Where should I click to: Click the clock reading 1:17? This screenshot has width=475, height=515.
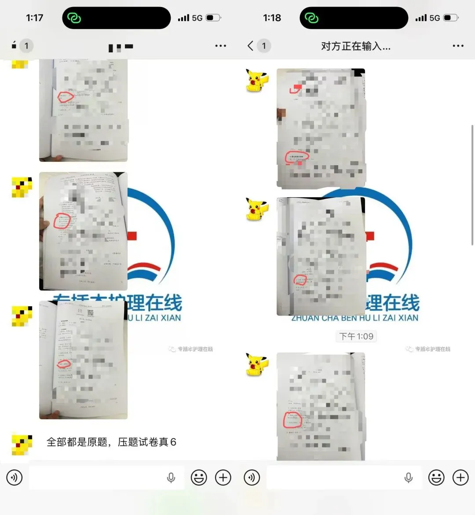coord(34,18)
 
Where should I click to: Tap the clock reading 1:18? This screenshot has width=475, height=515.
coord(272,18)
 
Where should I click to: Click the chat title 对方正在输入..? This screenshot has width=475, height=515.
coord(355,46)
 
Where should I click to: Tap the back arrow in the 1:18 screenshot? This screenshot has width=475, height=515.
coord(250,46)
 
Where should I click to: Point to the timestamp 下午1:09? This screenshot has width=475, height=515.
coord(356,336)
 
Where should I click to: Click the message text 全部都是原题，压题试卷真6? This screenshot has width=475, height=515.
coord(111,442)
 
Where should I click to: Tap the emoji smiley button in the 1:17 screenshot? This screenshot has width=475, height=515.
coord(199,477)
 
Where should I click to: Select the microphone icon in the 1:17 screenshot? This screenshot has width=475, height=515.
coord(171,477)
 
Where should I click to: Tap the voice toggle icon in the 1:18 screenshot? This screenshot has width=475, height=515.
coord(252,477)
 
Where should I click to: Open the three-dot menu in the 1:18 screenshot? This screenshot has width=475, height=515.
coord(458,46)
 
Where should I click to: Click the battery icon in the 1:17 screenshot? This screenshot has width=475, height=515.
coord(213,18)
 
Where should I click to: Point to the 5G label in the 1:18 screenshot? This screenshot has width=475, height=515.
coord(435,18)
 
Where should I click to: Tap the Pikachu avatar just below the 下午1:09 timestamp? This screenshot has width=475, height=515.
coord(257,365)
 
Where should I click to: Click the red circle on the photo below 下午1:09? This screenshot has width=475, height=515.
coord(292,420)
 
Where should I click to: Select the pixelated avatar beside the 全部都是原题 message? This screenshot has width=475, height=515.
coord(22,445)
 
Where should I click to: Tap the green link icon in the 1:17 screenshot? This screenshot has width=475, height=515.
coord(74,18)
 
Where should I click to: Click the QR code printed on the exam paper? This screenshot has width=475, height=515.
coord(91,313)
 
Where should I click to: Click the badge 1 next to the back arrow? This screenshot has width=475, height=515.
coord(264,46)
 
